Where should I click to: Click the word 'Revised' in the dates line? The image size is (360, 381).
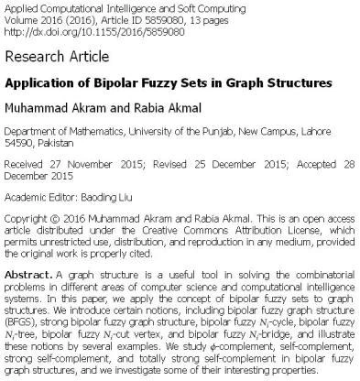click(169, 168)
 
